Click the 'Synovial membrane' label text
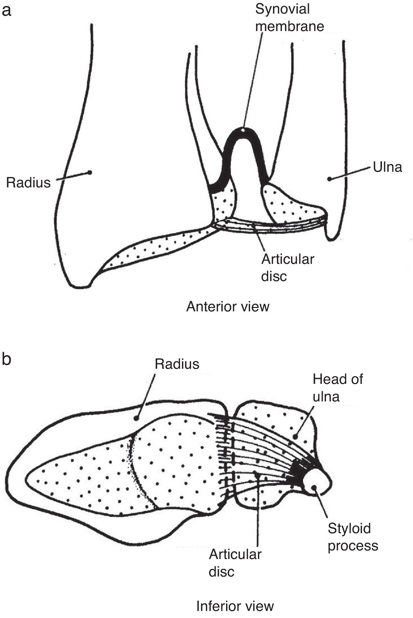click(289, 18)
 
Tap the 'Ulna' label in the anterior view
click(387, 167)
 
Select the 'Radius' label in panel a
click(28, 182)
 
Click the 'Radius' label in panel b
click(177, 364)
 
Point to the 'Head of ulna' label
click(337, 388)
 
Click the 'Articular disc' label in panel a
click(287, 268)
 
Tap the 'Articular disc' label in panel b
click(235, 563)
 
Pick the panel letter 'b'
click(6, 359)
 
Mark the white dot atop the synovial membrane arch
click(243, 130)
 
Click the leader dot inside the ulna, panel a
click(329, 179)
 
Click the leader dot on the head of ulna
click(296, 437)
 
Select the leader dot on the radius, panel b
click(136, 418)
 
